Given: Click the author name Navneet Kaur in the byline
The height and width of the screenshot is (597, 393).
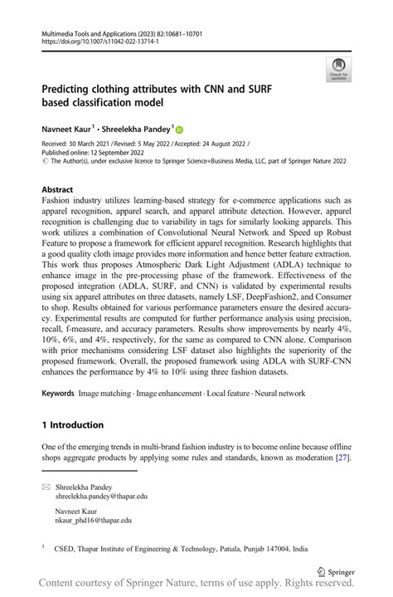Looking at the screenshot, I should (x=67, y=130).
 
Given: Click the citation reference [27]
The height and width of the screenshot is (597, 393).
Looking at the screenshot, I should (x=342, y=458).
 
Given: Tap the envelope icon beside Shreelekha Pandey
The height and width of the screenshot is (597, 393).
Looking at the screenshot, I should (x=46, y=484).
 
